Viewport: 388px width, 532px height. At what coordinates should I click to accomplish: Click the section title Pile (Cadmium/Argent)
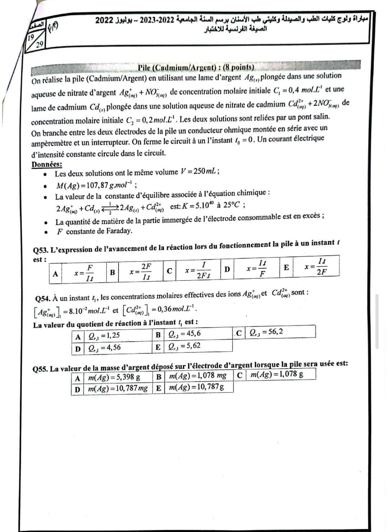coord(196,67)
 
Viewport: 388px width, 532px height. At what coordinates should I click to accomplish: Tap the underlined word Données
coord(47,165)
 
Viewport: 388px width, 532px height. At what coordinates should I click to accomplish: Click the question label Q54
coord(42,298)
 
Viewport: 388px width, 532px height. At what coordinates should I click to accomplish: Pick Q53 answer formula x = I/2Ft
coord(198,270)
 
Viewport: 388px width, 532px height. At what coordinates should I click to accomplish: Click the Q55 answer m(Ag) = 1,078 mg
coord(198,376)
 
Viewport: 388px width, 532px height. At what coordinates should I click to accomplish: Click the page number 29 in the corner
coord(40,44)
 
